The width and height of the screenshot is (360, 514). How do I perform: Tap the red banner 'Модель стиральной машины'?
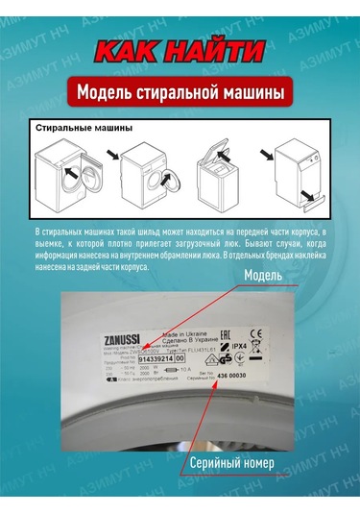pyautogui.click(x=180, y=94)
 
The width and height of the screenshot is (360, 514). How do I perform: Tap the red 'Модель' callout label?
pyautogui.click(x=263, y=277)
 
